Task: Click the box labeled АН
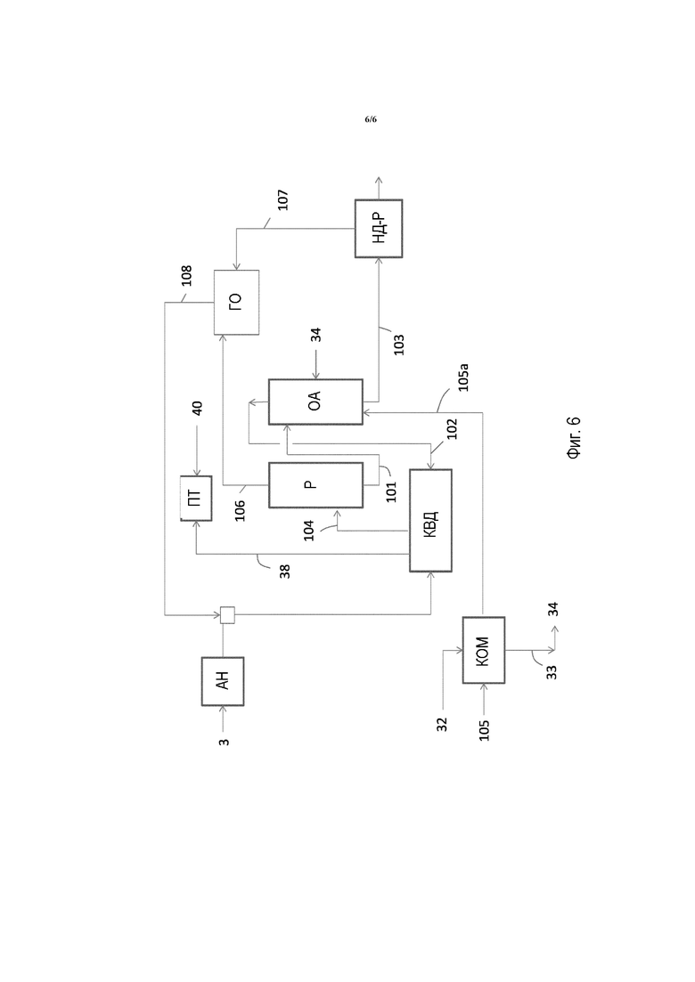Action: tap(223, 681)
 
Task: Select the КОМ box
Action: tap(483, 650)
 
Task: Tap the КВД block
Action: tap(430, 521)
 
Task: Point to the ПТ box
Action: tap(196, 498)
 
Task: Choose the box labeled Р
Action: tap(315, 484)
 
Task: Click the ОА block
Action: tap(315, 402)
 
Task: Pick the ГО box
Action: tap(236, 302)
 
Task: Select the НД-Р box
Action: tap(379, 228)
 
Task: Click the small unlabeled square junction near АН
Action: tap(227, 615)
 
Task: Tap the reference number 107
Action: tap(282, 199)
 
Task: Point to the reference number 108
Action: tap(186, 276)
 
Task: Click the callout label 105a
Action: tap(463, 377)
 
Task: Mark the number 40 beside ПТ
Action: tap(197, 409)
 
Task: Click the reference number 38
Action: tap(284, 572)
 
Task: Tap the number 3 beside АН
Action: tap(224, 743)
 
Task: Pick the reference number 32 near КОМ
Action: tap(443, 725)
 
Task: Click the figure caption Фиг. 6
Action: tap(574, 438)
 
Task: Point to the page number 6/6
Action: tap(371, 119)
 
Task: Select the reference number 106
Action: tap(240, 510)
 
